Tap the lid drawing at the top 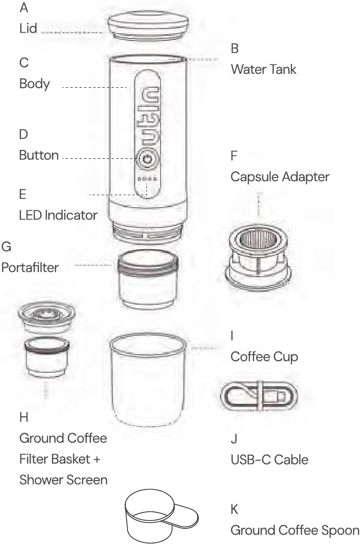(x=148, y=25)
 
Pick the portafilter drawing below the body (x=148, y=279)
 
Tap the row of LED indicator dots (x=148, y=179)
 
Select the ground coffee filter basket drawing (x=47, y=357)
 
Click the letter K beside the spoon (x=234, y=509)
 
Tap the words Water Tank (x=263, y=70)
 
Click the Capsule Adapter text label (x=280, y=177)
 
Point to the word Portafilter (x=30, y=267)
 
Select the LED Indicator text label (x=58, y=215)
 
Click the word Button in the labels (x=39, y=155)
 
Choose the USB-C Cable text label (x=270, y=460)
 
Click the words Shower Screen (x=63, y=480)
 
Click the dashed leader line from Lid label (x=72, y=33)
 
